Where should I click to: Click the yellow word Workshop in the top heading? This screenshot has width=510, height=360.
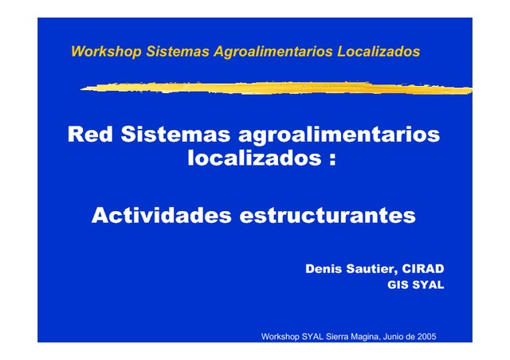(106, 52)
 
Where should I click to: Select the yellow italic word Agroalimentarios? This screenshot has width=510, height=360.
(273, 52)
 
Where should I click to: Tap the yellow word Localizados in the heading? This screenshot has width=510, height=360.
(379, 52)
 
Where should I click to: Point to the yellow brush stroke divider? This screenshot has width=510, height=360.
(277, 88)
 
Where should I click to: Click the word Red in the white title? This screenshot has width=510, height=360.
(90, 134)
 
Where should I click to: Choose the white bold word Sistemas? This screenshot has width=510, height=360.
(175, 134)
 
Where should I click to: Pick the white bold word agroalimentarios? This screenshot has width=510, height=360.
(339, 135)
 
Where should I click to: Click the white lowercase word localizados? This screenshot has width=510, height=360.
(255, 158)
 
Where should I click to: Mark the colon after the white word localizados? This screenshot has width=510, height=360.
(332, 160)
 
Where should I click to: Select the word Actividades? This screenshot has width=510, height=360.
(162, 215)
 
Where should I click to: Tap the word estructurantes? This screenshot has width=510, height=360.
(328, 216)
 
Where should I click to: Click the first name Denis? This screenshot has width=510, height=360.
(324, 268)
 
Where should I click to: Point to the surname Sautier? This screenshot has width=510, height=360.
(372, 269)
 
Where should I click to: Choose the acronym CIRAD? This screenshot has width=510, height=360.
(423, 268)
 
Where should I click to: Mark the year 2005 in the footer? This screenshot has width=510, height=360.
(427, 337)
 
